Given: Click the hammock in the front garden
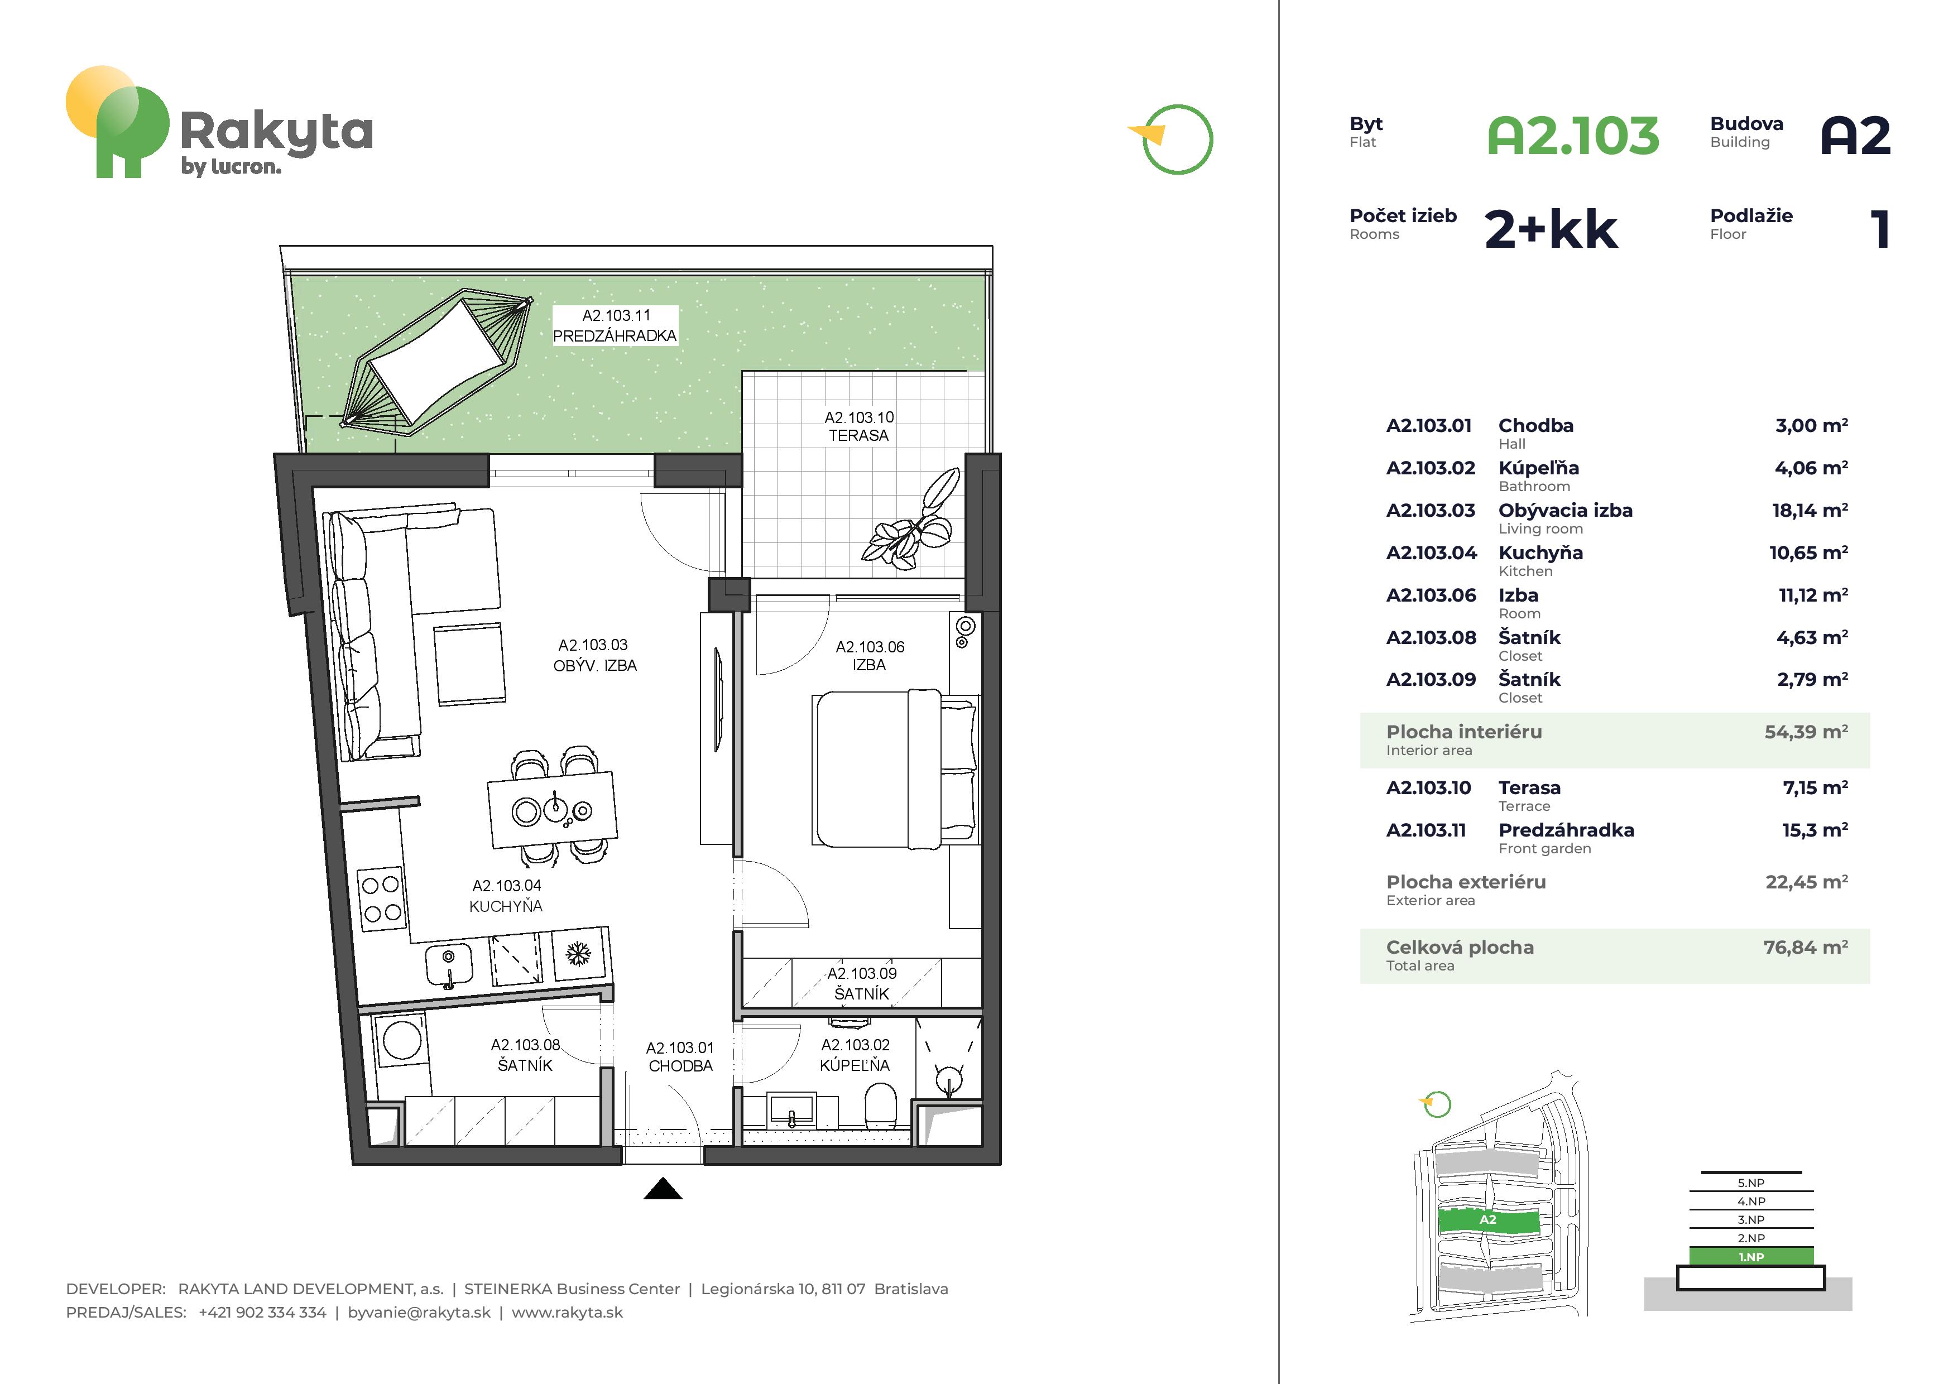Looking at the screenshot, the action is coord(436,362).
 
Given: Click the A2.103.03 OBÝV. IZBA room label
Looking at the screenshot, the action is coord(594,655).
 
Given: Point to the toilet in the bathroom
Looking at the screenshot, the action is coord(881,1105).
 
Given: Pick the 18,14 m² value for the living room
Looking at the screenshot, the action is coord(1810,510).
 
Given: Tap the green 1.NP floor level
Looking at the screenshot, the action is coord(1751,1256).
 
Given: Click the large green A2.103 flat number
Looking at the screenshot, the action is coord(1573,136).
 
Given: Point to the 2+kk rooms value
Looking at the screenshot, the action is coord(1551,229).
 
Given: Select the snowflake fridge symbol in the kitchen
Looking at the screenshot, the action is coord(578,953).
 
